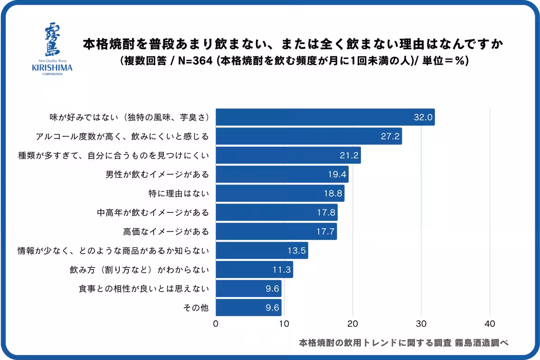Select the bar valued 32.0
pyautogui.click(x=325, y=117)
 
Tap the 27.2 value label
pyautogui.click(x=390, y=136)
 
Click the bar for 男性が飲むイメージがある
pyautogui.click(x=282, y=174)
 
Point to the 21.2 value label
pyautogui.click(x=349, y=155)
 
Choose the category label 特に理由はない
pyautogui.click(x=179, y=193)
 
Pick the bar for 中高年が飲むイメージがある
pyautogui.click(x=276, y=212)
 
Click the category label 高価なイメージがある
pyautogui.click(x=166, y=231)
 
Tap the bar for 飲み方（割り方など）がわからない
pyautogui.click(x=254, y=270)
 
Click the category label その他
pyautogui.click(x=197, y=308)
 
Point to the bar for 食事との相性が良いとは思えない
pyautogui.click(x=248, y=288)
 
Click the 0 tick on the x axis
pyautogui.click(x=216, y=324)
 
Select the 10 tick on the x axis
pyautogui.click(x=284, y=324)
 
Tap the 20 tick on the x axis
pyautogui.click(x=353, y=324)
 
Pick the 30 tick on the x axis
pyautogui.click(x=421, y=324)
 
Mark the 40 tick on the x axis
pyautogui.click(x=490, y=324)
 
